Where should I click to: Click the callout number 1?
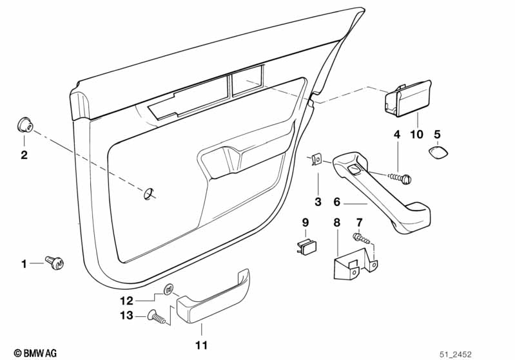(x=24, y=263)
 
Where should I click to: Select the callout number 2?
(x=24, y=155)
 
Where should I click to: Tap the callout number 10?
(x=417, y=134)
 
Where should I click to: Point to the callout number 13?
(x=126, y=316)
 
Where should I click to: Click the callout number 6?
(x=337, y=202)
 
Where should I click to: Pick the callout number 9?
(x=306, y=223)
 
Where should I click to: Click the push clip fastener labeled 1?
(x=55, y=263)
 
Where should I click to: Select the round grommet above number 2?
(x=24, y=125)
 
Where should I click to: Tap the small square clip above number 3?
(x=316, y=160)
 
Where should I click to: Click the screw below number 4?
(x=400, y=178)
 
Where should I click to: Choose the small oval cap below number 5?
(x=438, y=153)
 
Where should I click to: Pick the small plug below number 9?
(x=307, y=247)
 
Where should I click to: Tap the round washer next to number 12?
(x=168, y=289)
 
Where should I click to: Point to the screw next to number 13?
(x=158, y=317)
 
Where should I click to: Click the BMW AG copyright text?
(x=35, y=353)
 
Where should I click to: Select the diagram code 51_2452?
(x=456, y=354)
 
